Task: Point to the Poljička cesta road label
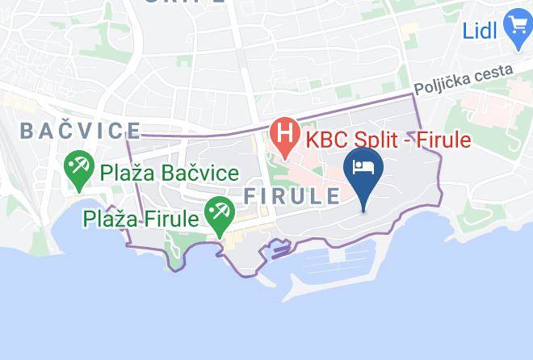463,81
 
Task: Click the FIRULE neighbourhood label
292,196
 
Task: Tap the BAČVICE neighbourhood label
80,131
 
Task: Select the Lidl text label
481,31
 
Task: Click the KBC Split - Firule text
388,140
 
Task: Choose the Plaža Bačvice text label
169,173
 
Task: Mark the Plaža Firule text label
141,219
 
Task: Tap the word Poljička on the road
442,84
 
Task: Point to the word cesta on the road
493,74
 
